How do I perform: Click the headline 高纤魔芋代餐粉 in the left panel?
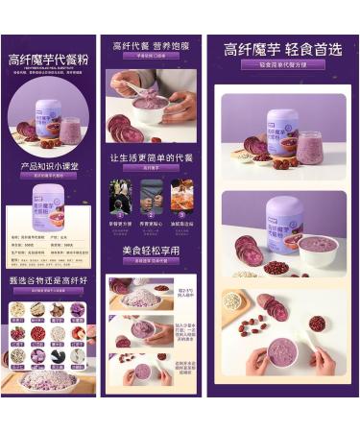[47, 59]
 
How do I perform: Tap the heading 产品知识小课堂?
[47, 165]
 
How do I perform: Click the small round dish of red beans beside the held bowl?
[317, 324]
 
